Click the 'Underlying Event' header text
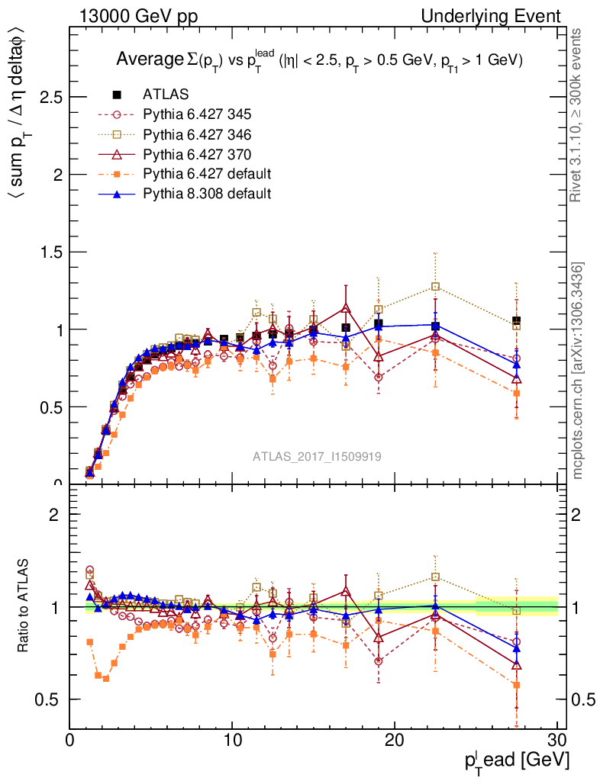[x=502, y=16]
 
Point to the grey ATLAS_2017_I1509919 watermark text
[x=318, y=456]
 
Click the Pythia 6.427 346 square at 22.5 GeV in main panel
[x=435, y=287]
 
